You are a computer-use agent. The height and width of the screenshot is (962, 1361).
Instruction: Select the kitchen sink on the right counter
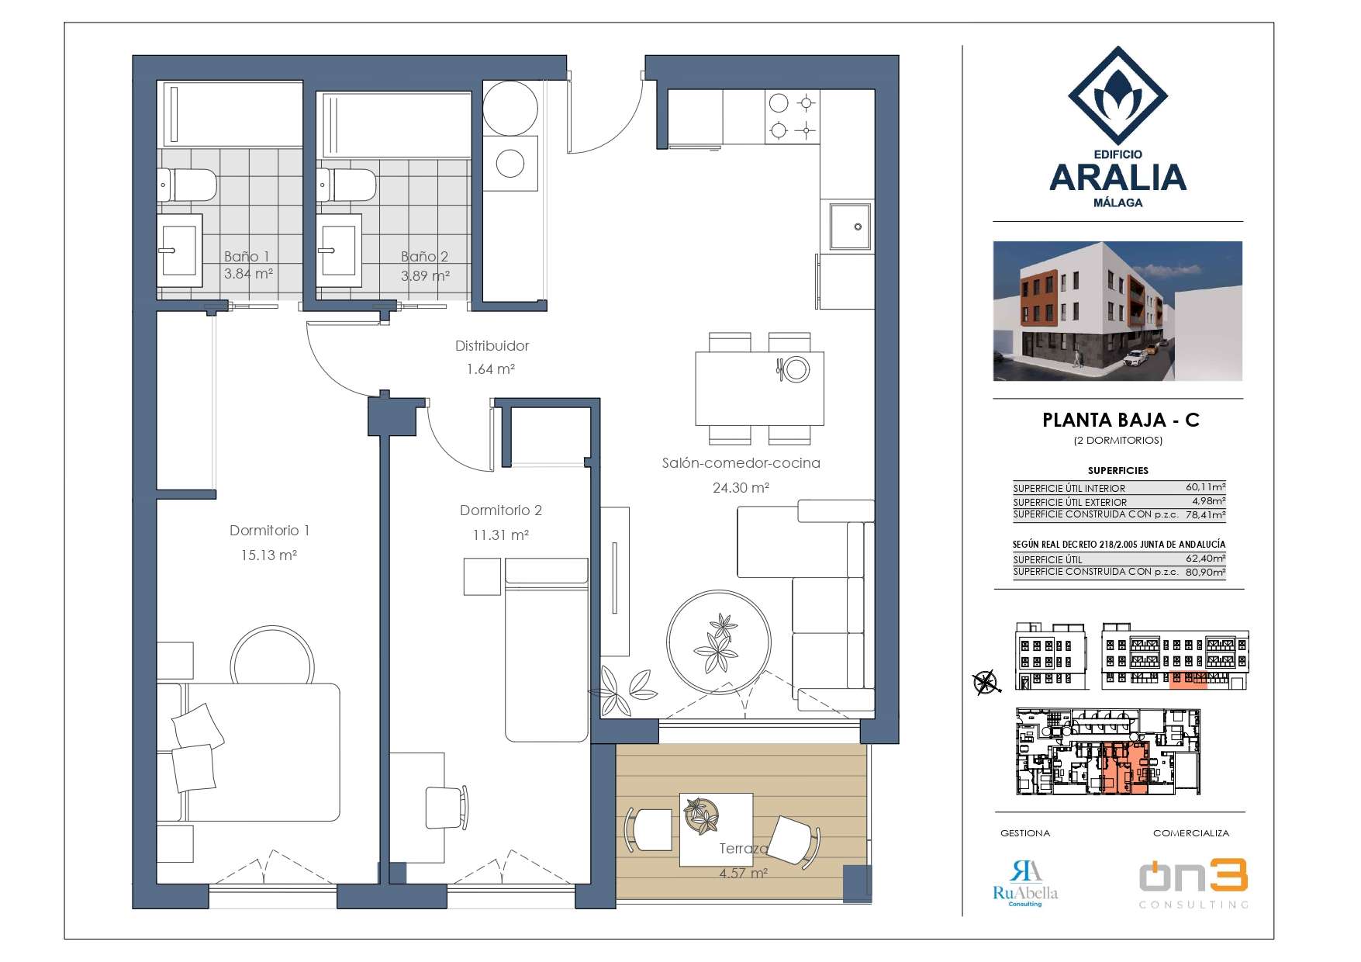pyautogui.click(x=850, y=227)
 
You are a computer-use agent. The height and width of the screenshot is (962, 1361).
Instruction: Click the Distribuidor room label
pyautogui.click(x=492, y=346)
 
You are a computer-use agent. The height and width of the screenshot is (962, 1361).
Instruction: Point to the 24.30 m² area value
pyautogui.click(x=741, y=488)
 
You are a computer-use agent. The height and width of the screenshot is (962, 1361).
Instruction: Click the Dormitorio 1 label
pyautogui.click(x=269, y=531)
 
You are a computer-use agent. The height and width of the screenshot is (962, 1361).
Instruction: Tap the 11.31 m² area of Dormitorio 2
pyautogui.click(x=501, y=535)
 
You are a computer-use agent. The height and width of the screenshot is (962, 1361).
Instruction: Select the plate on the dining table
pyautogui.click(x=795, y=369)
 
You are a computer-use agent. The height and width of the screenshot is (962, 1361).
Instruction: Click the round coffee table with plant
pyautogui.click(x=719, y=642)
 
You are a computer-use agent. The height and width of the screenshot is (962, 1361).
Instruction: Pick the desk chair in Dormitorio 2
pyautogui.click(x=447, y=807)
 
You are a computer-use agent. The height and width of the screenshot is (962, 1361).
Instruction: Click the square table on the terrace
pyautogui.click(x=716, y=829)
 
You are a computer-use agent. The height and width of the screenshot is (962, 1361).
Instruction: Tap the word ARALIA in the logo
pyautogui.click(x=1117, y=178)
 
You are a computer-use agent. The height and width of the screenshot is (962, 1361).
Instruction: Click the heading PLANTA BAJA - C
pyautogui.click(x=1121, y=420)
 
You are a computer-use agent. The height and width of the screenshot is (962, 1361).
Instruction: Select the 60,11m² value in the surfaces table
pyautogui.click(x=1205, y=487)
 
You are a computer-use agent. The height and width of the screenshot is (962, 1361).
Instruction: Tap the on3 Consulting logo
pyautogui.click(x=1193, y=884)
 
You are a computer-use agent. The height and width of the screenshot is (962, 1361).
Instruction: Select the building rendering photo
pyautogui.click(x=1117, y=311)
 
